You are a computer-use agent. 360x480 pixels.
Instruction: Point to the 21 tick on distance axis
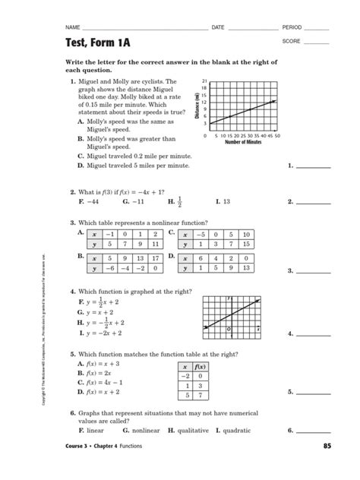[205, 81]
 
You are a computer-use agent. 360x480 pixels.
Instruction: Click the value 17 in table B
[154, 257]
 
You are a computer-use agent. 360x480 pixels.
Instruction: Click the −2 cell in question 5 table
[183, 375]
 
